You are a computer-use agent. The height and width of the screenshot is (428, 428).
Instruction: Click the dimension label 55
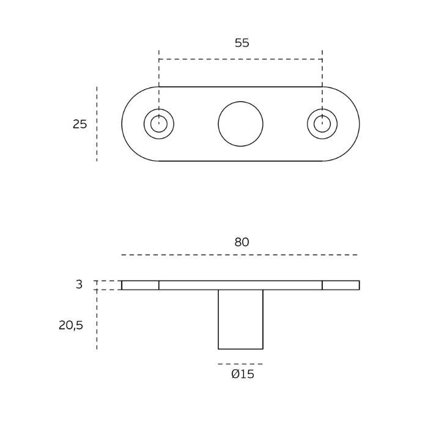coord(242,43)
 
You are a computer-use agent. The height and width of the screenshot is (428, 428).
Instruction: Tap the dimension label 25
coord(80,124)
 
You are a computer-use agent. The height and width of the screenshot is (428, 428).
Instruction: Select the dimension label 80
coord(242,242)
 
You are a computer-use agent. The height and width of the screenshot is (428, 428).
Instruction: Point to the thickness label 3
coord(79,284)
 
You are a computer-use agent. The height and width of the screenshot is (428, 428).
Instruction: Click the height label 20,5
coord(71,325)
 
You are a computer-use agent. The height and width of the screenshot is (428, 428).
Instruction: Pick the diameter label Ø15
coord(242,374)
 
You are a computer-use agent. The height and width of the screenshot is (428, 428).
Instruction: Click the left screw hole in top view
coord(159,124)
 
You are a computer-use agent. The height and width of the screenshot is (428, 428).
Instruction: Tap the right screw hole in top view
coord(322,124)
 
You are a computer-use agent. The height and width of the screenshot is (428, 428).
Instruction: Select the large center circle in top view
coord(240,124)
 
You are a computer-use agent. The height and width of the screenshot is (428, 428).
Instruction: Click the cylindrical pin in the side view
coord(240,319)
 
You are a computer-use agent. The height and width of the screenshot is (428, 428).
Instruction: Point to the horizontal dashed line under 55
coord(240,59)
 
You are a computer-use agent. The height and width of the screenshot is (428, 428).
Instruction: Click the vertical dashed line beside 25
coord(97,124)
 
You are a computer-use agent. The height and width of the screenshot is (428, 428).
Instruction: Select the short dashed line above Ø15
coord(240,364)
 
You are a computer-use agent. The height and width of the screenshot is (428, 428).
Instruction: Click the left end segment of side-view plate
coord(140,285)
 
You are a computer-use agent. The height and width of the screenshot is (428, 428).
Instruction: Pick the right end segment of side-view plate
coord(341,285)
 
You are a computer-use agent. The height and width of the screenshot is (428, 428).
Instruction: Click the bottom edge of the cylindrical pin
coord(240,349)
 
